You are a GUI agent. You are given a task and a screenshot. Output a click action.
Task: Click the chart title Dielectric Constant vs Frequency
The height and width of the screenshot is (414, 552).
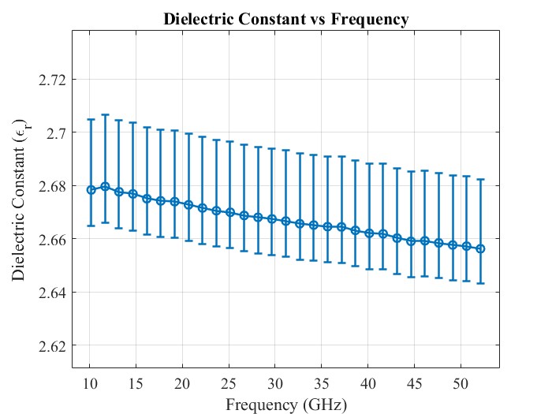click(286, 20)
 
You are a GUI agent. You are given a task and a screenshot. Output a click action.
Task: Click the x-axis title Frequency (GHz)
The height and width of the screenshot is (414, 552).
click(286, 405)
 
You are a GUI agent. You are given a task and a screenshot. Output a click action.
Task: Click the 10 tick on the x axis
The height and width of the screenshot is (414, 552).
click(90, 382)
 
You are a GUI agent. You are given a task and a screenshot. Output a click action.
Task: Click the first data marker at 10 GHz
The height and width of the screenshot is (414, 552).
click(91, 189)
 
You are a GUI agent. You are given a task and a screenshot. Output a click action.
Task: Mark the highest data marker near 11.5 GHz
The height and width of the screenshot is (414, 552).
click(105, 186)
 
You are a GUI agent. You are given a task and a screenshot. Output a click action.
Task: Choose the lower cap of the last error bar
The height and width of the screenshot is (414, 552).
click(481, 283)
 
